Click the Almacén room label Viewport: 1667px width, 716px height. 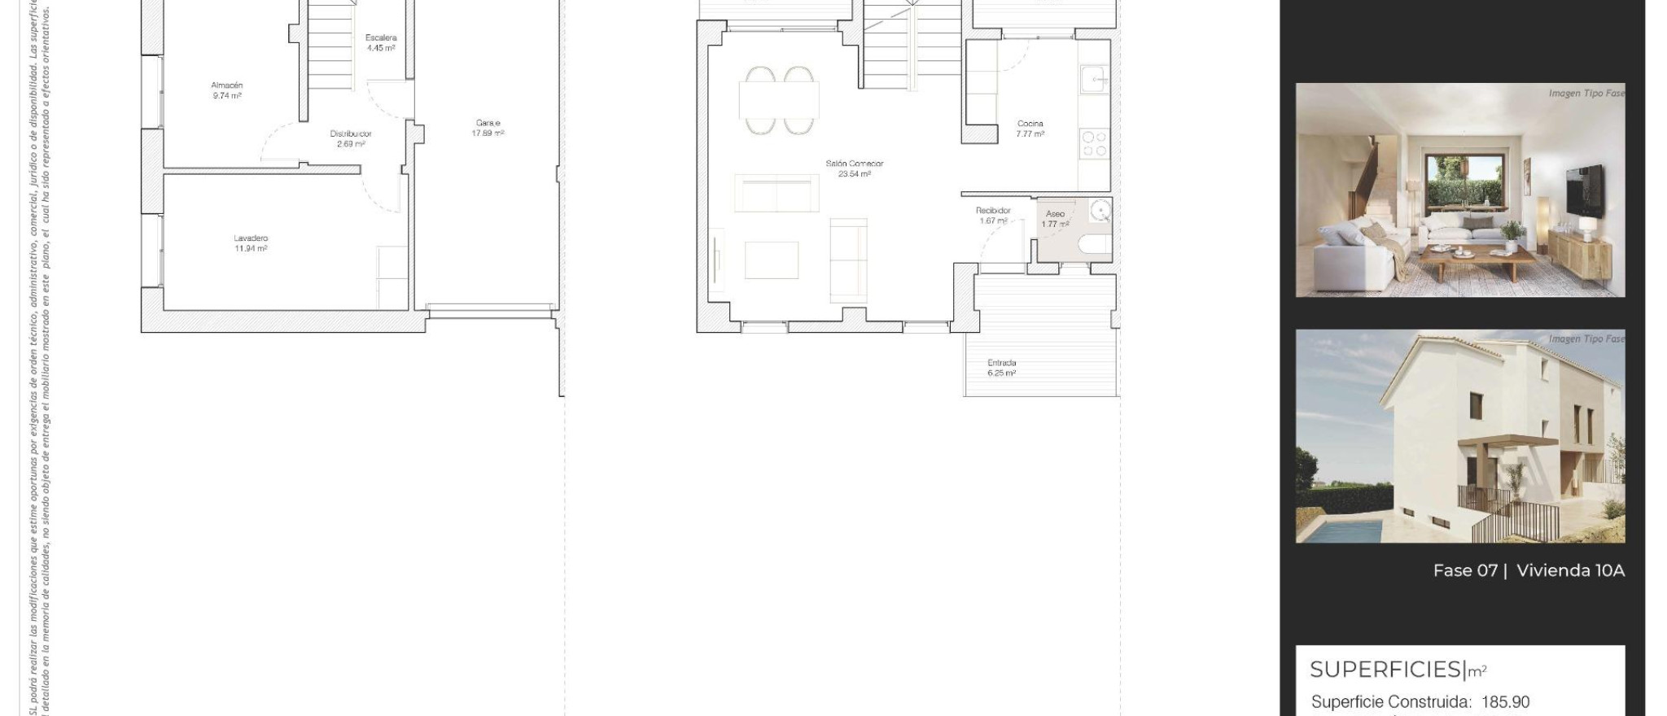pos(227,85)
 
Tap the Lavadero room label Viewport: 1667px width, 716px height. pos(251,238)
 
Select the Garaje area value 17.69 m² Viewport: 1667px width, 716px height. pos(488,133)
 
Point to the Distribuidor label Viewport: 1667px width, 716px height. pos(351,133)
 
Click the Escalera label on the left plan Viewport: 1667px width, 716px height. pos(381,37)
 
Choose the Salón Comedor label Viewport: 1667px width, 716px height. pos(854,164)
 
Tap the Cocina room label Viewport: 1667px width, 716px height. pos(1030,124)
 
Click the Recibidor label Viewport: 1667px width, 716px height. pos(993,210)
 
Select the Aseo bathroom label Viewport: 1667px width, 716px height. pos(1055,213)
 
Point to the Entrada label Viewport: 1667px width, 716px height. pos(1001,363)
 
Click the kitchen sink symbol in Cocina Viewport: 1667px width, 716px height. pos(1094,80)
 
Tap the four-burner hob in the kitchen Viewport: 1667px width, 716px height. pos(1095,144)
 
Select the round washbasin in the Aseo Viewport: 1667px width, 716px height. pos(1100,212)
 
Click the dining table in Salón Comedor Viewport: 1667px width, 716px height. pos(779,101)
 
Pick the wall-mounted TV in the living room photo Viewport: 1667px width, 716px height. pos(1586,192)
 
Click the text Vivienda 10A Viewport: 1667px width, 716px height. pos(1570,570)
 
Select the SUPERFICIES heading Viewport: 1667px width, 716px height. pos(1386,670)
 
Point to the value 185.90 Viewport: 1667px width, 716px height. pos(1505,702)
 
